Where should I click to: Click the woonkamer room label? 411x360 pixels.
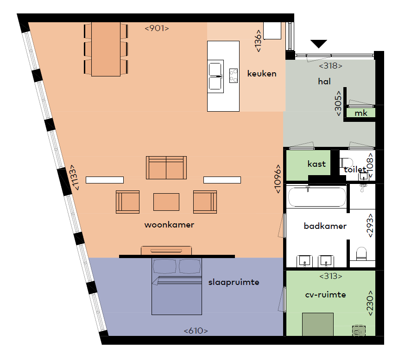pos(169,225)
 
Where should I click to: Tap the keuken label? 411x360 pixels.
pos(262,74)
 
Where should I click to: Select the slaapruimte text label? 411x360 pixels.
pos(234,282)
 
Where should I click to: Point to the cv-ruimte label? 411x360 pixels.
pos(325,295)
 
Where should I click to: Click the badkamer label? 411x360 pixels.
pos(325,226)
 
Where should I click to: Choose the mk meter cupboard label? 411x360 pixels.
pos(361,113)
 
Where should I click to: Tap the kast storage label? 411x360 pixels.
pos(316,164)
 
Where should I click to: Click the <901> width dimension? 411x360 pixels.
pos(157,28)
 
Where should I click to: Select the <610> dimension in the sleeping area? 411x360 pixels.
pos(196,331)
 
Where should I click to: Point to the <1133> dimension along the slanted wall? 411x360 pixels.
pos(74,177)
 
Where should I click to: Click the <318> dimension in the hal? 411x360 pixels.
pos(330,65)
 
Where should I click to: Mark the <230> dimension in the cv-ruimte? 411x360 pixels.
pos(369,303)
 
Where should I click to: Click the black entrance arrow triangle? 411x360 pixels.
pos(319,44)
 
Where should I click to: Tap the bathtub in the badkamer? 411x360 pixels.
pos(317,197)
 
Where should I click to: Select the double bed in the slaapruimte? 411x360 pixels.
pos(177,286)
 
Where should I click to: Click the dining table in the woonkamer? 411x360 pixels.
pos(106,49)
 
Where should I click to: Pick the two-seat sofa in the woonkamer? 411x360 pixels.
pos(166,168)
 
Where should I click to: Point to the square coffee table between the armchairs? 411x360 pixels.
pos(166,202)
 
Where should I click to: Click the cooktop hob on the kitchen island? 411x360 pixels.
pos(233,76)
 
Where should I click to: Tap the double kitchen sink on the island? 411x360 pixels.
pos(215,76)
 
